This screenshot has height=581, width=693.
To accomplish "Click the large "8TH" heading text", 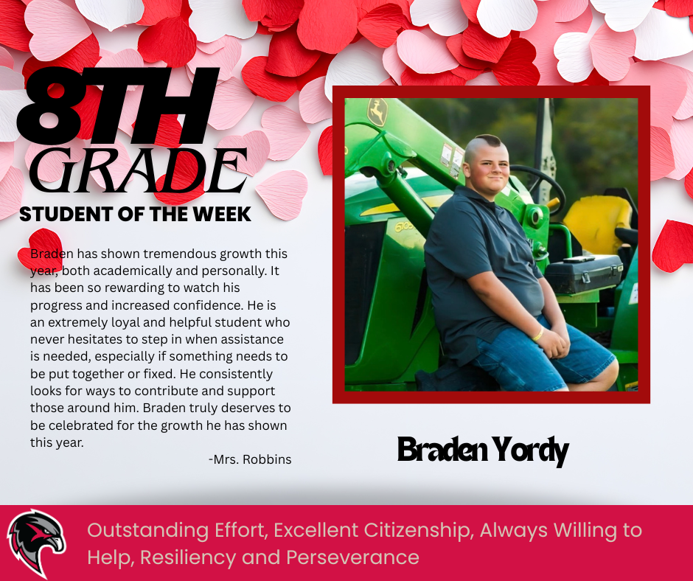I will pos(118,105).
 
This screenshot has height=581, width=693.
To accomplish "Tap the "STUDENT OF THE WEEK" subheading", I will pos(135,215).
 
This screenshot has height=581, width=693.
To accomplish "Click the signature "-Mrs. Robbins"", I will pos(250,459).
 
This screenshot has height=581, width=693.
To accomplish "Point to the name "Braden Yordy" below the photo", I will pos(483,449).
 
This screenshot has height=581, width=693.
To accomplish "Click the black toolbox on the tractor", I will pos(583,274).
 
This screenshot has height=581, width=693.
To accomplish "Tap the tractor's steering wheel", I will pos(539,184).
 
